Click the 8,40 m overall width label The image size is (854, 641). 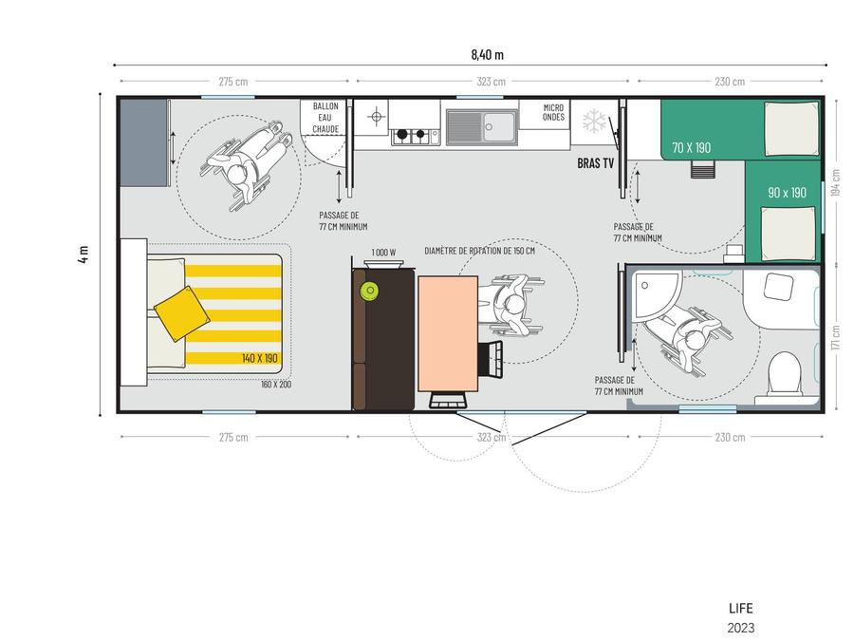click(x=487, y=54)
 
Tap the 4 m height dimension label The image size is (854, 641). click(x=84, y=254)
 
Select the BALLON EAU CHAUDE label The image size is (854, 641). click(x=325, y=117)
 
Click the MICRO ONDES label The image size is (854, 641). click(x=553, y=112)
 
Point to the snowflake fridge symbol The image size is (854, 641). click(x=594, y=122)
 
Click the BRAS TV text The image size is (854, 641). click(x=595, y=163)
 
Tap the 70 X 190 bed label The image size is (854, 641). click(x=691, y=147)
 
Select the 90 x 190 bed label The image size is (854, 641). click(x=787, y=193)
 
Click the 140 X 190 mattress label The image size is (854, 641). click(x=260, y=358)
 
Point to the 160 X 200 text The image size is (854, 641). click(x=276, y=385)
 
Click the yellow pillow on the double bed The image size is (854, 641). click(x=182, y=313)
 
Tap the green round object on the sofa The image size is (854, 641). click(x=370, y=291)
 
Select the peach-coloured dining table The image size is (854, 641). click(x=448, y=333)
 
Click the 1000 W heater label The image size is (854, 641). click(x=383, y=253)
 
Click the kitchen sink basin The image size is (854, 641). click(x=499, y=126)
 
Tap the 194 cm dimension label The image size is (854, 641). click(x=836, y=182)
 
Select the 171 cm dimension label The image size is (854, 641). click(x=836, y=337)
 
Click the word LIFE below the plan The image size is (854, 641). click(x=741, y=609)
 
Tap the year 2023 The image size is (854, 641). click(x=741, y=628)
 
